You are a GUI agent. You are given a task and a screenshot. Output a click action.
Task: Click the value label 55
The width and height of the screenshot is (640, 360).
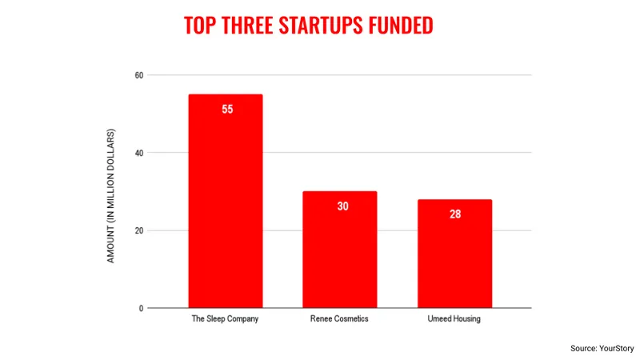(227, 109)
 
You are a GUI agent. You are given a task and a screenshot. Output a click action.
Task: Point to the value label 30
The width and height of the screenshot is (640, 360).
(342, 206)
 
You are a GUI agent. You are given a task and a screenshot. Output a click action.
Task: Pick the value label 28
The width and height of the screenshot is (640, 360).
(454, 214)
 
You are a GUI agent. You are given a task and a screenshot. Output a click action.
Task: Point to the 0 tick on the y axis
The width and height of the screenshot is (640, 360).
(141, 308)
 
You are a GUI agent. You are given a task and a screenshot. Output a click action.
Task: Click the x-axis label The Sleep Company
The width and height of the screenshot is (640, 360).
(226, 320)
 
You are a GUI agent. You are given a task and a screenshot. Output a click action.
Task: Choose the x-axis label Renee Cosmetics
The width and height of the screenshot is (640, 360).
(339, 320)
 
